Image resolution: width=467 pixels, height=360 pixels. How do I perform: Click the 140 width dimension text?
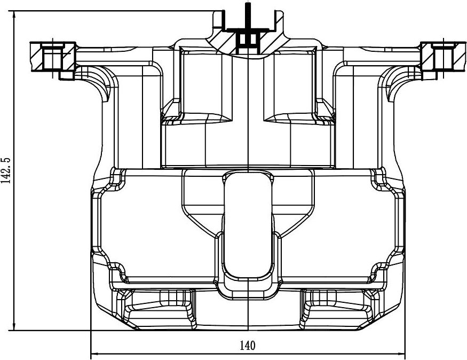pyautogui.click(x=247, y=345)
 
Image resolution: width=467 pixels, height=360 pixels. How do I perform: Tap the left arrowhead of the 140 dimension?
pyautogui.click(x=95, y=353)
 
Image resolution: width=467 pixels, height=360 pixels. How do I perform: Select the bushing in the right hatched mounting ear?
pyautogui.click(x=444, y=56)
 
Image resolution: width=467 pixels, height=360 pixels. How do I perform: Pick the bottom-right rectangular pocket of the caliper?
pyautogui.click(x=337, y=309)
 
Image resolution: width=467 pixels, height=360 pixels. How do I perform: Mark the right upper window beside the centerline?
pyautogui.click(x=291, y=85)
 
